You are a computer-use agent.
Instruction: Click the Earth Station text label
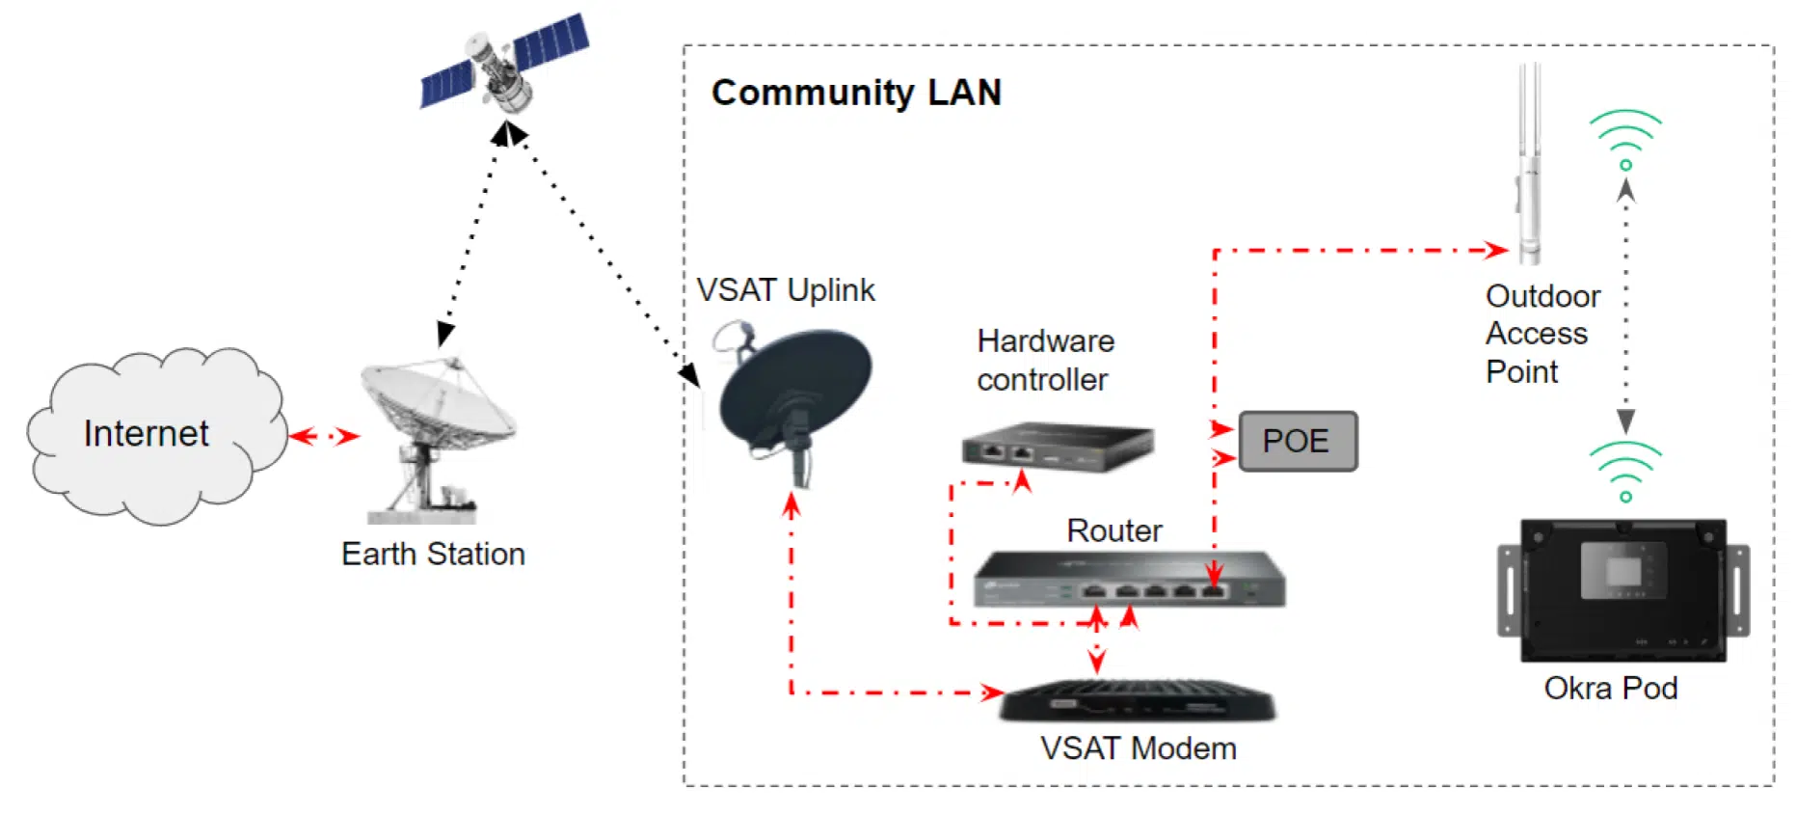(433, 555)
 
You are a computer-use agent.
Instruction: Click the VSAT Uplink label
(785, 290)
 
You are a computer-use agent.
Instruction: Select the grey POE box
(1298, 442)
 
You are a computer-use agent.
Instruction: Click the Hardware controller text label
(1045, 360)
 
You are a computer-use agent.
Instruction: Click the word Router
(1113, 530)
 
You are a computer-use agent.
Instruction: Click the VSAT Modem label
(1138, 748)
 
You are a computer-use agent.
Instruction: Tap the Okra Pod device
(1623, 590)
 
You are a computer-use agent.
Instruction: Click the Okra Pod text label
(1610, 688)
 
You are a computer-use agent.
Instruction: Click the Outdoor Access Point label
(1542, 334)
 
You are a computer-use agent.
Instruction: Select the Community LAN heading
(856, 93)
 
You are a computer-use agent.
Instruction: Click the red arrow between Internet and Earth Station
(324, 437)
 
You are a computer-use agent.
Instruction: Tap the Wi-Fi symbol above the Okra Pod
(1625, 471)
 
